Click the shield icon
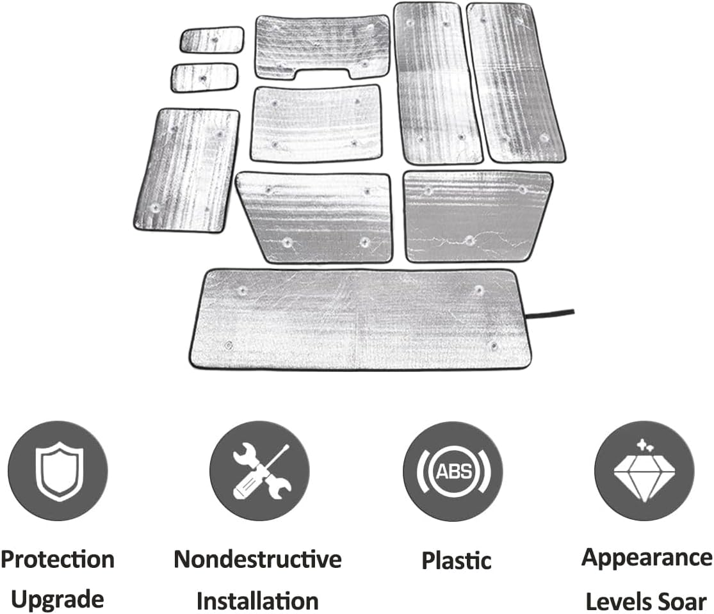point(59,471)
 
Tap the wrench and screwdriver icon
point(261,471)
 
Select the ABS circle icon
point(453,471)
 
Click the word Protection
point(58,560)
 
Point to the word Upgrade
point(58,599)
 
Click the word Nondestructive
point(257,559)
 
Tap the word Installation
point(257,601)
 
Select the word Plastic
point(457,560)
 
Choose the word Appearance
point(647,558)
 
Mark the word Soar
point(682,602)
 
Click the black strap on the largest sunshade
point(549,314)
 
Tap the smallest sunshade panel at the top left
point(212,40)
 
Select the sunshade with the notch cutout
point(322,47)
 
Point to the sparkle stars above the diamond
point(645,445)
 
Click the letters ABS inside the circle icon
point(453,471)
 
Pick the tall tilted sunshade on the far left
point(187,170)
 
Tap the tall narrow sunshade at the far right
point(516,83)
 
